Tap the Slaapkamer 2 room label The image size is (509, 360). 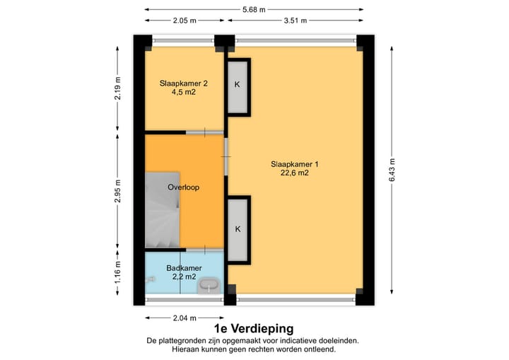(x=177, y=83)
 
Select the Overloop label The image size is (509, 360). (x=183, y=187)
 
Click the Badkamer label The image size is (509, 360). (x=184, y=268)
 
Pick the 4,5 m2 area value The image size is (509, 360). (x=177, y=92)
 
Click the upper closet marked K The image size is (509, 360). (x=238, y=85)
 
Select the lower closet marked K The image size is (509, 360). (x=238, y=228)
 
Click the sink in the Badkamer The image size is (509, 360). (x=209, y=285)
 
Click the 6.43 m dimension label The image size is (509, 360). (x=391, y=169)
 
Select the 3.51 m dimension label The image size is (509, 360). (x=295, y=21)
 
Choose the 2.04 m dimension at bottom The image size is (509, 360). (x=184, y=318)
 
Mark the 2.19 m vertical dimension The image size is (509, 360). (x=118, y=88)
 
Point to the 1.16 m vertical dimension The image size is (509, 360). (x=118, y=271)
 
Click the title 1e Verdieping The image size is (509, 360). (x=253, y=329)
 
